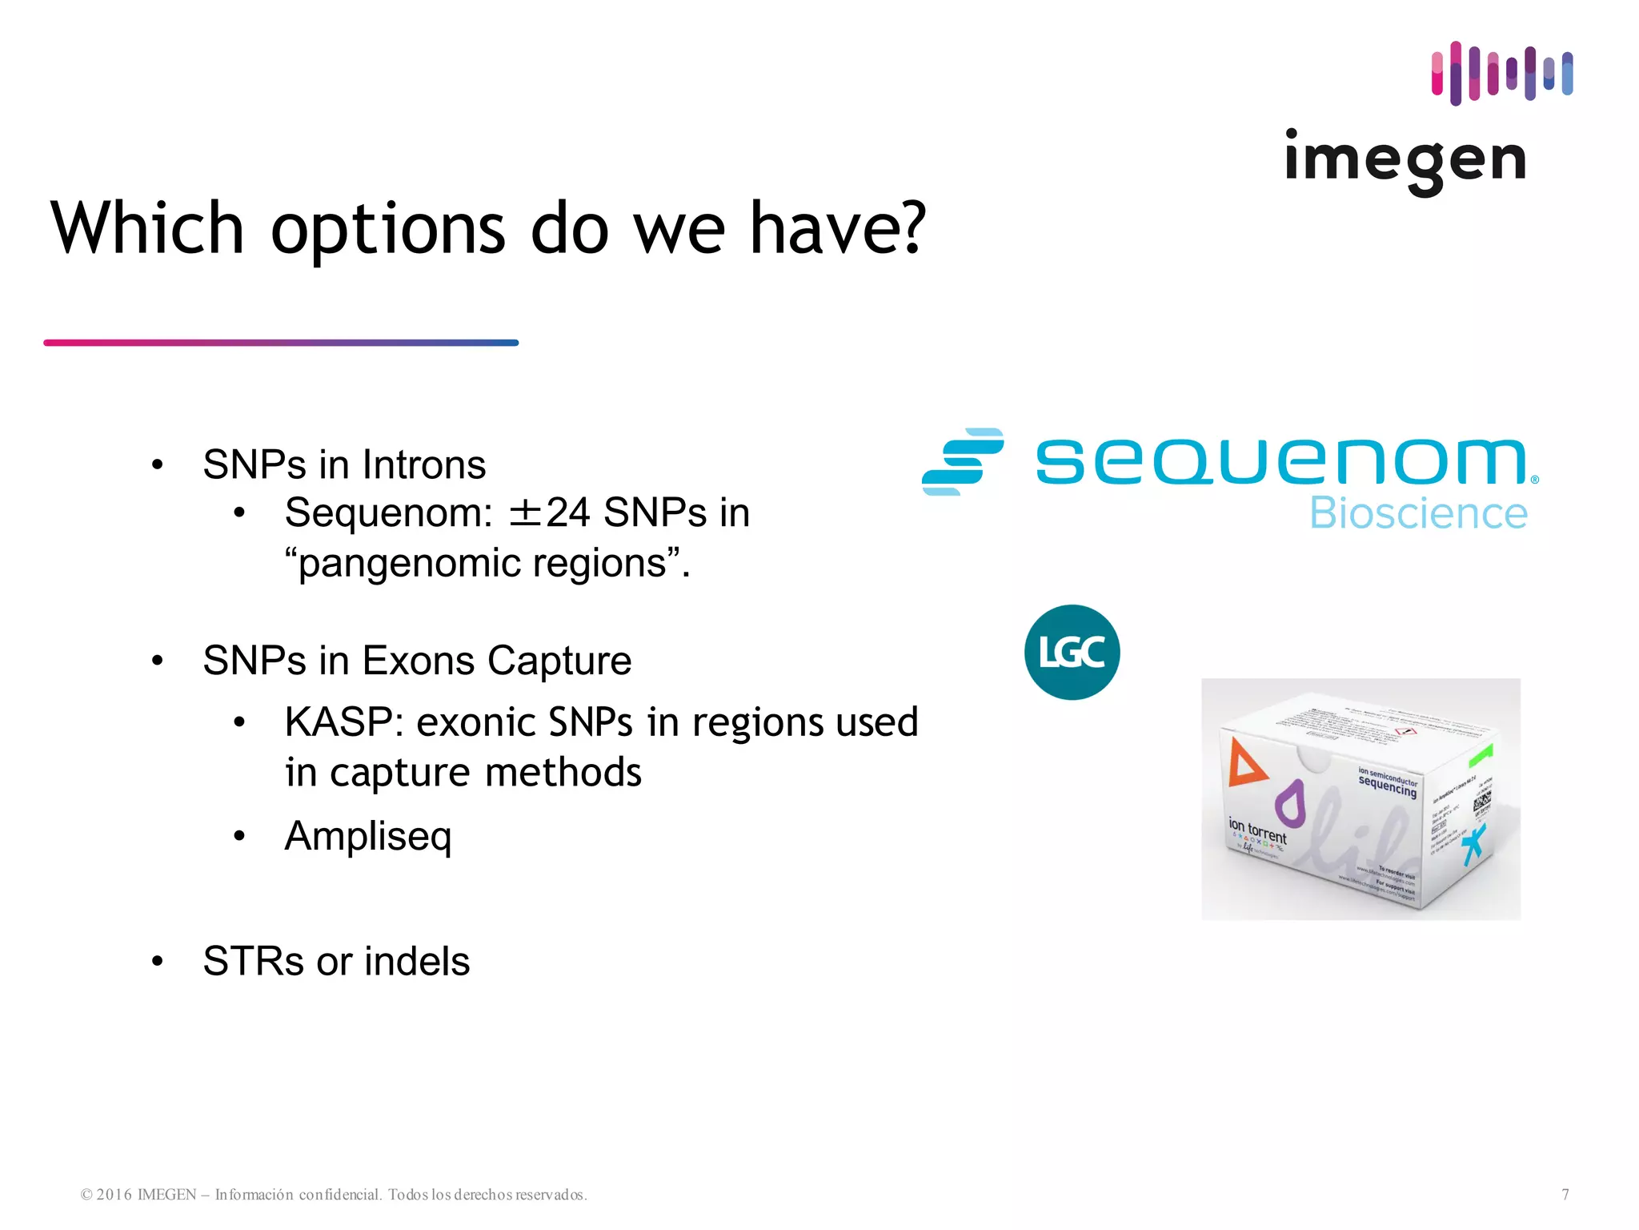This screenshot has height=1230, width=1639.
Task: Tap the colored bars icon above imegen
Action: [x=1501, y=73]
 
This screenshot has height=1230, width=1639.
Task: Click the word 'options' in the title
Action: [x=388, y=230]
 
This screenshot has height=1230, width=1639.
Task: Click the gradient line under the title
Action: [x=281, y=343]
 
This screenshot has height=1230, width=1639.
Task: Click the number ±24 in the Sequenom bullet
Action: [x=550, y=513]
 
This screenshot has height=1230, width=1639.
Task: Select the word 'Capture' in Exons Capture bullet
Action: [x=559, y=661]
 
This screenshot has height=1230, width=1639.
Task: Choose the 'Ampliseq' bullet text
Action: [x=368, y=837]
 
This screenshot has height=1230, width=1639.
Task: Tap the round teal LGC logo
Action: [x=1072, y=653]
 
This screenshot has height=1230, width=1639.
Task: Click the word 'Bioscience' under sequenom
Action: [x=1418, y=514]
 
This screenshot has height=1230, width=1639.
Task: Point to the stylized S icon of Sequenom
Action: [x=963, y=462]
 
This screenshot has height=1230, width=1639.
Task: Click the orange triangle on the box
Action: [x=1244, y=763]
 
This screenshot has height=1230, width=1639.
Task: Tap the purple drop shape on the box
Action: [x=1289, y=803]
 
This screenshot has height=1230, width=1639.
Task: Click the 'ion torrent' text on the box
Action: [x=1257, y=831]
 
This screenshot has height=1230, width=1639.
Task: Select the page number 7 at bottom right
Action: [x=1565, y=1195]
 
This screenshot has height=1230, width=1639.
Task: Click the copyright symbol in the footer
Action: [x=86, y=1196]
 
